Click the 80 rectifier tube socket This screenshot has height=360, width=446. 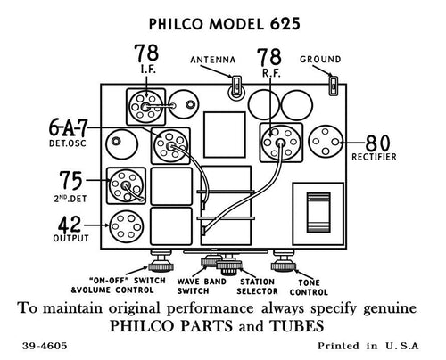coord(326,143)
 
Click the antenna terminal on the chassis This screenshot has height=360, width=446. coord(236,86)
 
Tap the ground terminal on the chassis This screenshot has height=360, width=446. coord(332,86)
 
